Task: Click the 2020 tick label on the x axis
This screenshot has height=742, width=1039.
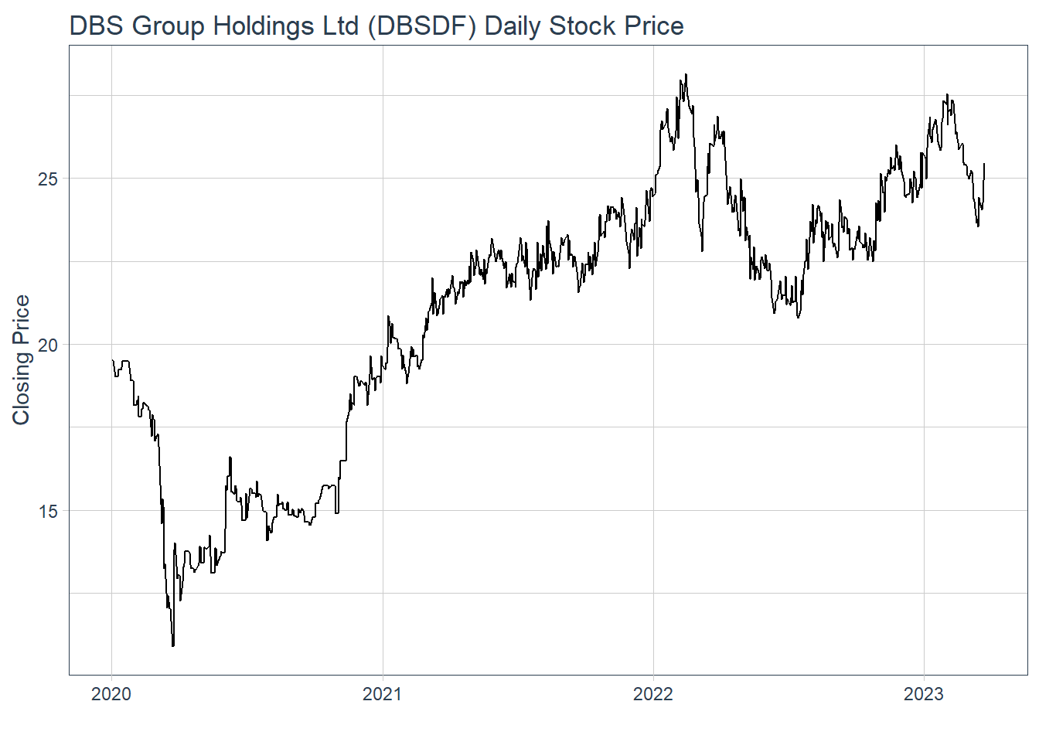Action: click(111, 694)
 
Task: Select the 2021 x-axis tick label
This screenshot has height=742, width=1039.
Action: click(382, 694)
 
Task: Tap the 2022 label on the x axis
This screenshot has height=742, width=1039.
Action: click(653, 694)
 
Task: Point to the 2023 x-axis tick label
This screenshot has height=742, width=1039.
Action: click(924, 694)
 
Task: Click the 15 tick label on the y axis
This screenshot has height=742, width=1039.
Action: click(48, 511)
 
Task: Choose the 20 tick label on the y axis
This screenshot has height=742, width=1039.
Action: click(48, 345)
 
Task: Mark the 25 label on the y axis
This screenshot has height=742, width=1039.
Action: click(48, 179)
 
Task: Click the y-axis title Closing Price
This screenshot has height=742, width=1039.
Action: click(21, 360)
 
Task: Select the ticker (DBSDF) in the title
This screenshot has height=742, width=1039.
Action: click(422, 26)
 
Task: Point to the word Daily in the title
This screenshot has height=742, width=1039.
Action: click(513, 26)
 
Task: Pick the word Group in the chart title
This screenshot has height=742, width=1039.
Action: click(169, 26)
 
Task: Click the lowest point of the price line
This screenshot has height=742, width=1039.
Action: click(173, 645)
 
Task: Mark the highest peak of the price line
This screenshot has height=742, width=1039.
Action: click(686, 75)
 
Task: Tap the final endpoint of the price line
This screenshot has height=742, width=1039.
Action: click(984, 164)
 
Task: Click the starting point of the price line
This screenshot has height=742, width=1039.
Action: click(112, 360)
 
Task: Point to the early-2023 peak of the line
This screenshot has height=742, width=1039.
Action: click(947, 95)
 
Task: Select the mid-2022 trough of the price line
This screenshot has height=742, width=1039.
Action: click(798, 317)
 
